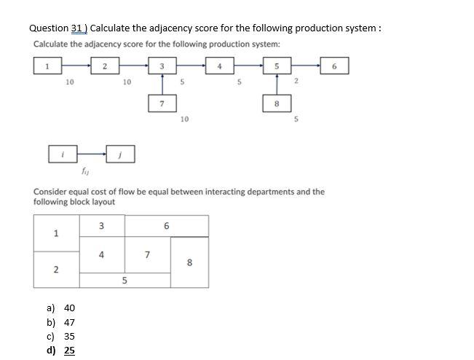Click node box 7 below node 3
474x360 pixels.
click(x=162, y=103)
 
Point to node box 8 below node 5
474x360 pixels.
click(x=276, y=103)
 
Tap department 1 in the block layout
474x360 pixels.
click(x=56, y=233)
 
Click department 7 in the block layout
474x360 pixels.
click(x=147, y=254)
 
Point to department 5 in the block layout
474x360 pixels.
click(x=125, y=280)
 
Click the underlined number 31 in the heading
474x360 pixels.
click(x=78, y=28)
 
